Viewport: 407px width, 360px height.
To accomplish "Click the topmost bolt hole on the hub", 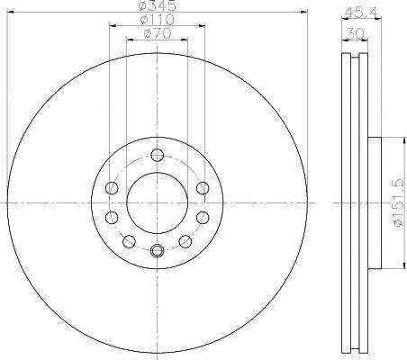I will pos(157,153).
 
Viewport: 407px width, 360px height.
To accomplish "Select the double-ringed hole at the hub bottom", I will pos(157,251).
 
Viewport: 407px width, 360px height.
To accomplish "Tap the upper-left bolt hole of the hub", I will pos(112,187).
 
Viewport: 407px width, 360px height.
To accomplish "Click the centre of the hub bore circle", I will pos(157,202).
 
